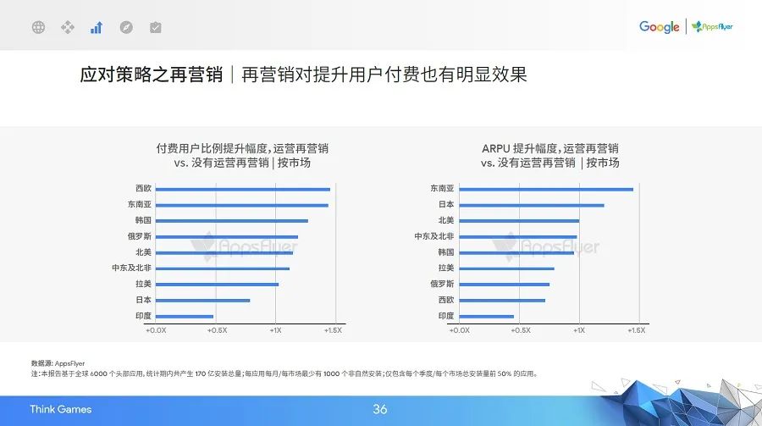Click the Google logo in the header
tap(659, 27)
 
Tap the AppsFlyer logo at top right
tap(712, 27)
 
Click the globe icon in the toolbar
tap(38, 27)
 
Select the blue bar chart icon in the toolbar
tap(97, 27)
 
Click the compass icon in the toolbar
tap(126, 27)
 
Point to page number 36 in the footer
tap(380, 410)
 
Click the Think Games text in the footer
tap(60, 410)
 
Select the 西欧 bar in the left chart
tap(243, 189)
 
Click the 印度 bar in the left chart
tap(185, 316)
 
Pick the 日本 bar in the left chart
tap(203, 300)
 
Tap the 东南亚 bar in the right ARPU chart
tap(546, 189)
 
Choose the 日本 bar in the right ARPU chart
tap(532, 205)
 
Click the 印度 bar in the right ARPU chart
tap(487, 316)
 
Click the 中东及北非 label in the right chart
tap(434, 236)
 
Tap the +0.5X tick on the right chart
tap(519, 330)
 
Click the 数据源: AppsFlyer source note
tap(58, 363)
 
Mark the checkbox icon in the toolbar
tap(155, 27)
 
